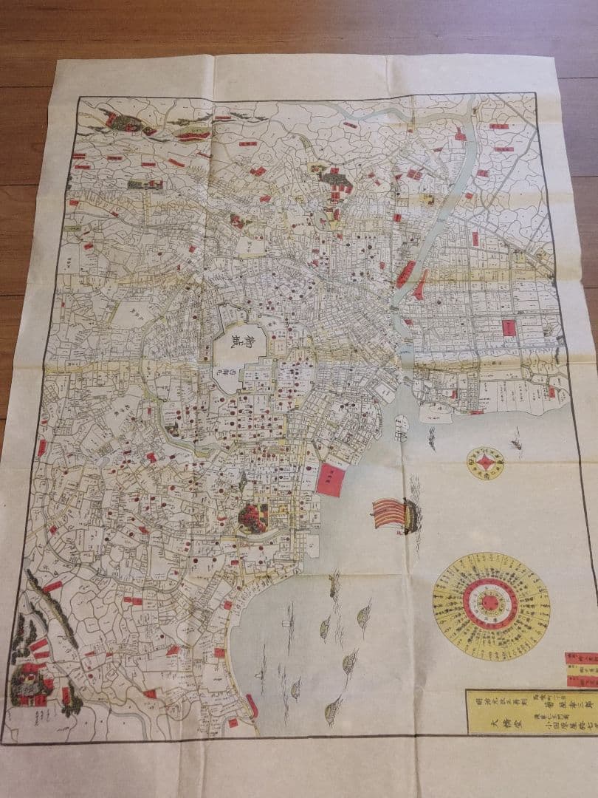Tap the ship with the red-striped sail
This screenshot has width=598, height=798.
point(394,513)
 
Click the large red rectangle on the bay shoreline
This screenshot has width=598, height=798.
point(331,480)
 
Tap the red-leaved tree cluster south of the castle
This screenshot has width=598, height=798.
point(252,517)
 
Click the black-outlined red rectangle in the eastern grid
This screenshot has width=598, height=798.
point(509,327)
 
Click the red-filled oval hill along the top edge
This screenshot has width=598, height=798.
point(193,134)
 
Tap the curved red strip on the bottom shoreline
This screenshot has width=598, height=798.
point(252,706)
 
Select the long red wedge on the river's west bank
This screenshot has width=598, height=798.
point(405,273)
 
